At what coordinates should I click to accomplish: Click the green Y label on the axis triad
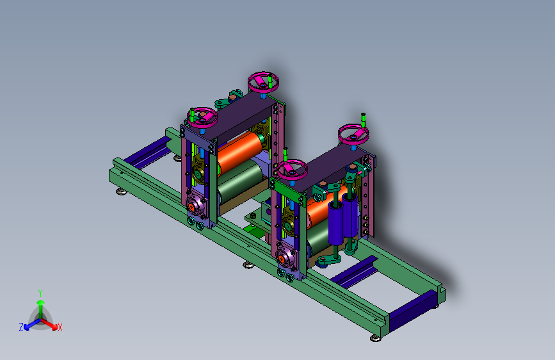coord(40,293)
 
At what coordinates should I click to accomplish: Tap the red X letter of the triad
coord(60,327)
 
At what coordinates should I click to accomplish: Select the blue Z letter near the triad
coord(21,327)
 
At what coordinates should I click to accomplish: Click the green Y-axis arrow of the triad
coord(41,309)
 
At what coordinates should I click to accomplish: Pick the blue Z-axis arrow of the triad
coord(33,324)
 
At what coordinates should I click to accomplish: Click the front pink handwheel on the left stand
coord(202,118)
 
